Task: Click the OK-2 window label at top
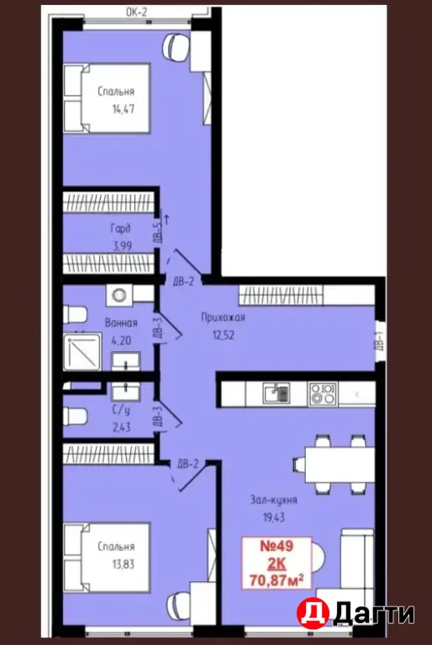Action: [136, 12]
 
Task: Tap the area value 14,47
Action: [124, 109]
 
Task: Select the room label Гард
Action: [121, 228]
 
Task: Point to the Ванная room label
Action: [121, 322]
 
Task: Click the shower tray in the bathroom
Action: [82, 352]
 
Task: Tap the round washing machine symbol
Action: [119, 295]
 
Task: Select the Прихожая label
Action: [223, 317]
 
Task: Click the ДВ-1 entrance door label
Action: [380, 341]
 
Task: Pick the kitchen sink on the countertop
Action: [277, 394]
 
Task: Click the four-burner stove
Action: [323, 394]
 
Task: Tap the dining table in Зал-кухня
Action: [340, 464]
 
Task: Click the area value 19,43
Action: [274, 517]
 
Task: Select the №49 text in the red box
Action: [277, 546]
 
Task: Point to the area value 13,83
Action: [123, 564]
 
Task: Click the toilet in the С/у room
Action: [75, 417]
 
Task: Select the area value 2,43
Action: [121, 427]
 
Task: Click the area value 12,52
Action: [223, 335]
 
